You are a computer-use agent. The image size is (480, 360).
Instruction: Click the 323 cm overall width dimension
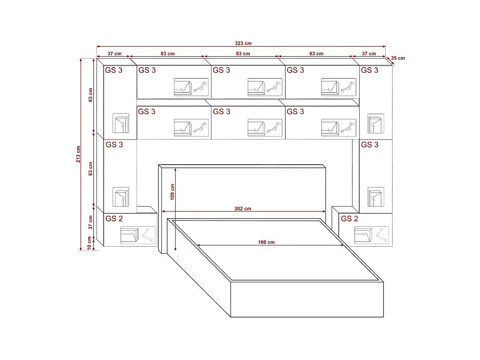click(x=243, y=43)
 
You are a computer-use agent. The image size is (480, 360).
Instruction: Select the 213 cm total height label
click(x=79, y=154)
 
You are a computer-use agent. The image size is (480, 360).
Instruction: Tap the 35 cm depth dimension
click(x=398, y=58)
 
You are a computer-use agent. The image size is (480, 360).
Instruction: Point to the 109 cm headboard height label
click(x=172, y=192)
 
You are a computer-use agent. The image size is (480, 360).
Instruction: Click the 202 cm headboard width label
click(x=243, y=209)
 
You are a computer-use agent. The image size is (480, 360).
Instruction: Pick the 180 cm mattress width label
click(x=266, y=242)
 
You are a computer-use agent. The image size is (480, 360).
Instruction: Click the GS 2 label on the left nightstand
click(x=114, y=219)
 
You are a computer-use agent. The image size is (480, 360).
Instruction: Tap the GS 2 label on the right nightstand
click(x=349, y=219)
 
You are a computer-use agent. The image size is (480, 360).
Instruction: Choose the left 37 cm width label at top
click(x=115, y=54)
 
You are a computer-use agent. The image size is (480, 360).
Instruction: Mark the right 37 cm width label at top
click(x=369, y=54)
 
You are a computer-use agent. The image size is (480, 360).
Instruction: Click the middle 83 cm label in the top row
click(x=243, y=54)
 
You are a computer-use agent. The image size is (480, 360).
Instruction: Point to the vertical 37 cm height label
click(x=90, y=222)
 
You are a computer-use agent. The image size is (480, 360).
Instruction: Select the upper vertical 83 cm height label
click(x=90, y=94)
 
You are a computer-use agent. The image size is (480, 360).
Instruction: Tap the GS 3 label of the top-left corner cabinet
click(x=114, y=70)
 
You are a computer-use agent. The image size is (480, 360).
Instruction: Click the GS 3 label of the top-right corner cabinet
click(x=369, y=70)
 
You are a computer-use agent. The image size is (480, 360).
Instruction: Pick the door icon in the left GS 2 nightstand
click(x=129, y=235)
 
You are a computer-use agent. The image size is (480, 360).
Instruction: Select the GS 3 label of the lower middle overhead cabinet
click(x=222, y=112)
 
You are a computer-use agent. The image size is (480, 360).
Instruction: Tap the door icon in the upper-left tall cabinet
click(x=121, y=123)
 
